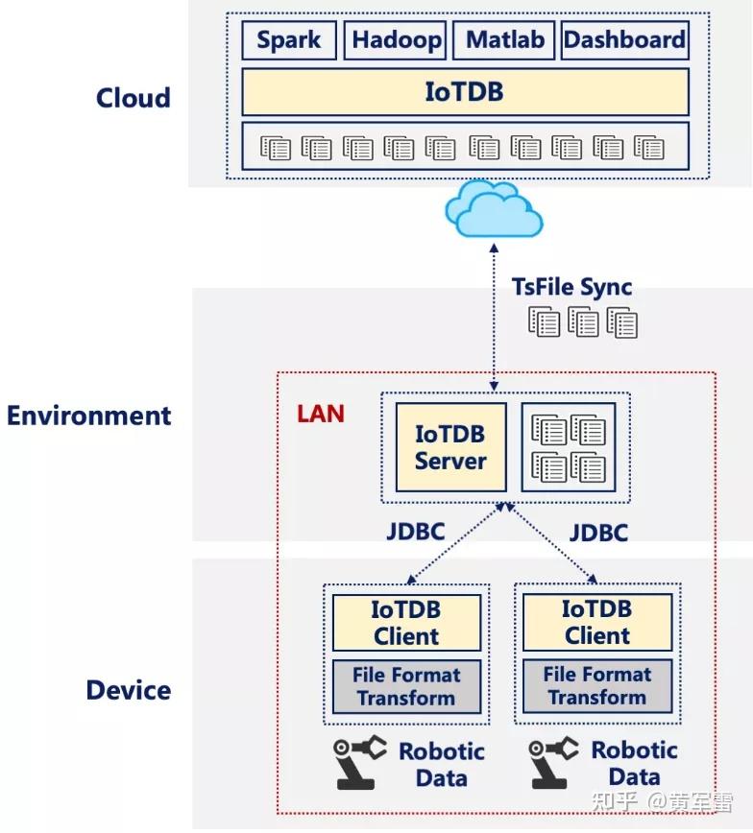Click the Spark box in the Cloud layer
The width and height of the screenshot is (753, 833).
pyautogui.click(x=289, y=40)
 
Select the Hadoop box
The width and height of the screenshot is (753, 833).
pyautogui.click(x=397, y=40)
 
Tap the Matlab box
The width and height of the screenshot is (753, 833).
pyautogui.click(x=504, y=40)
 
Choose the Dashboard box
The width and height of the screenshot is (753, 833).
pyautogui.click(x=624, y=40)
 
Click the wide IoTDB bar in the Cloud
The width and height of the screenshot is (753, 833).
pyautogui.click(x=465, y=92)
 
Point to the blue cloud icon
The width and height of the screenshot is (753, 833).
pyautogui.click(x=493, y=209)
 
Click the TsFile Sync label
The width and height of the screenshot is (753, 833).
pyautogui.click(x=571, y=288)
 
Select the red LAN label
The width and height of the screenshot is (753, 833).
pyautogui.click(x=321, y=414)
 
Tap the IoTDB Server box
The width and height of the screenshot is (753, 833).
pyautogui.click(x=450, y=447)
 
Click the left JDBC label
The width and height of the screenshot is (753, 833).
pyautogui.click(x=416, y=531)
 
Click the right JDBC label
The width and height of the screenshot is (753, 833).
pyautogui.click(x=598, y=532)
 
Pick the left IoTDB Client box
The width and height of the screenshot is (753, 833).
pyautogui.click(x=406, y=622)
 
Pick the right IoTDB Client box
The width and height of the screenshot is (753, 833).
pyautogui.click(x=596, y=621)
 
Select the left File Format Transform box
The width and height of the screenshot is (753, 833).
pyautogui.click(x=406, y=686)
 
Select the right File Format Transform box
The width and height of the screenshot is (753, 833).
pyautogui.click(x=596, y=685)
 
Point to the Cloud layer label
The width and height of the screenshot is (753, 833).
pyautogui.click(x=134, y=98)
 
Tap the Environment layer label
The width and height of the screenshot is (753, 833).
pyautogui.click(x=89, y=416)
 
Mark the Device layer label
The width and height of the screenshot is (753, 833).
pyautogui.click(x=129, y=690)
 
